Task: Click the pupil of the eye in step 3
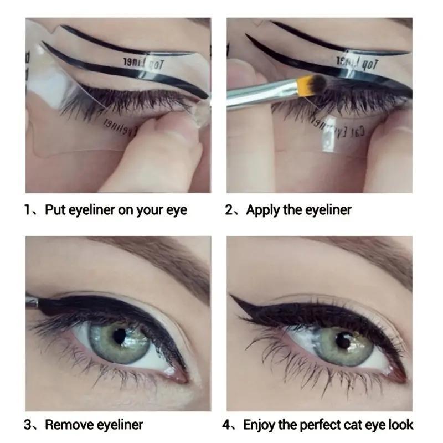tap(120, 336)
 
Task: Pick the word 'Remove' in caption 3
tap(69, 425)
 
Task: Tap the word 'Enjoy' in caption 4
tap(261, 425)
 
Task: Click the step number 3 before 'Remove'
tap(28, 425)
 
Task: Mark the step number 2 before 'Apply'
tap(229, 210)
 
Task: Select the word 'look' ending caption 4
tap(401, 425)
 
